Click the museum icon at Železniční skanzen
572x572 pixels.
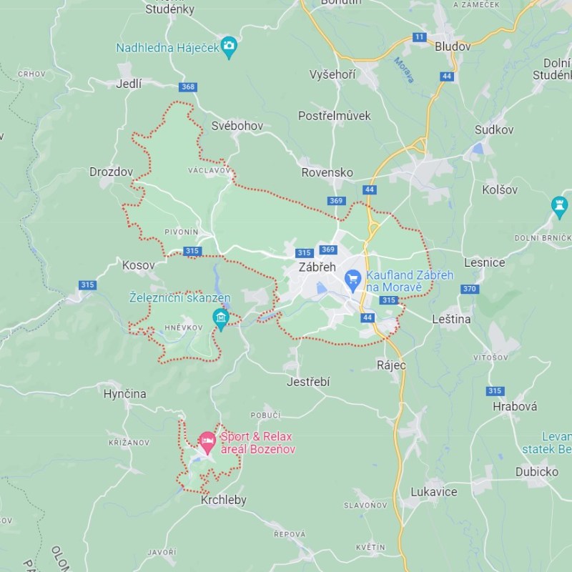tap(221, 317)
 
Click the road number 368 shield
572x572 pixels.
tap(188, 87)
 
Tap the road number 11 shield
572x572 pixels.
tap(419, 36)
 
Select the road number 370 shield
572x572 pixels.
tap(470, 289)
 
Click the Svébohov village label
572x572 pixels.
tap(237, 126)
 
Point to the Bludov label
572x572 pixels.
tap(453, 46)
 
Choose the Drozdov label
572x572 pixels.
tap(112, 172)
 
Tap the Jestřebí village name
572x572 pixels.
tap(308, 383)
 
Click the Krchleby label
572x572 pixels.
tap(223, 500)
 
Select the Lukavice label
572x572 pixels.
tap(434, 492)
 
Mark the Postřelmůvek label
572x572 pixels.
tap(335, 115)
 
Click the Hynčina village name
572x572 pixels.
tap(124, 394)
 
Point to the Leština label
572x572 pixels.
tap(452, 319)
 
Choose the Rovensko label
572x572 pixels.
tap(327, 172)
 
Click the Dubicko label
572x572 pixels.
tap(536, 472)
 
